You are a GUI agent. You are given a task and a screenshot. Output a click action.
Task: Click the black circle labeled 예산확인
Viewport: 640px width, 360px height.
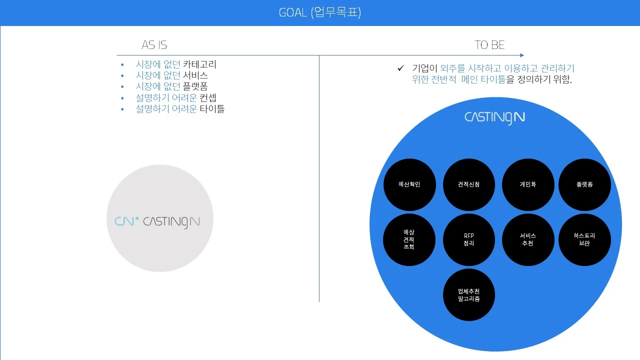pos(409,184)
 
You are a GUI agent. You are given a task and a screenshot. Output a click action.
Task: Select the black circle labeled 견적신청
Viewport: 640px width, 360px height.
pos(468,184)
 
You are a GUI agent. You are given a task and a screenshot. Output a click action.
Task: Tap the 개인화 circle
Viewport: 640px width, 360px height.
pos(528,184)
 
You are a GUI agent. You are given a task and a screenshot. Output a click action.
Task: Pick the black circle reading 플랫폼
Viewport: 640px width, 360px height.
pos(584,184)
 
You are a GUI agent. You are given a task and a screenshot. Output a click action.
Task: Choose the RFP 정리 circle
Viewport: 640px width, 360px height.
pos(468,239)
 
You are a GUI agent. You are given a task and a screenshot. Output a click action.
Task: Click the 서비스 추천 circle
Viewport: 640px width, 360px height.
pos(528,239)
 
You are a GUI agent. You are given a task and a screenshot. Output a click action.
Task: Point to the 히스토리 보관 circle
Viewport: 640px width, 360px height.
pos(584,239)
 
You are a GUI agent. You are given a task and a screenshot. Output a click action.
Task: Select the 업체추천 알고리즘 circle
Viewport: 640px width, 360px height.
pos(468,295)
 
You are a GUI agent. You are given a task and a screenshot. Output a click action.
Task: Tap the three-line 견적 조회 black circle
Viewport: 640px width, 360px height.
pos(409,239)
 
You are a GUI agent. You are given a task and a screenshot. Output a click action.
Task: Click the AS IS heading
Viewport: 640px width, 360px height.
pos(154,45)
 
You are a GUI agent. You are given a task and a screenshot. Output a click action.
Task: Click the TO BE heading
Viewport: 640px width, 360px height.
pos(489,45)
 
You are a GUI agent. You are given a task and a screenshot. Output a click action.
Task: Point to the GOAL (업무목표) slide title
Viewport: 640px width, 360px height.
pos(320,12)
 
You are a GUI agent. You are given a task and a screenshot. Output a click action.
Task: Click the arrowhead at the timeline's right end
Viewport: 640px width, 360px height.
pos(521,55)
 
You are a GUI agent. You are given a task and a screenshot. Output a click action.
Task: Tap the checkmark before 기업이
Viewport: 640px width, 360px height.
pos(400,68)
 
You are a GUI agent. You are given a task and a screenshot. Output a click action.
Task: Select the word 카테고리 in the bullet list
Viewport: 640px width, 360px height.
pos(199,64)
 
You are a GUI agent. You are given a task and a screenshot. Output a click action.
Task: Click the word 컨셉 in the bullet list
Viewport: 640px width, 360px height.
pos(208,97)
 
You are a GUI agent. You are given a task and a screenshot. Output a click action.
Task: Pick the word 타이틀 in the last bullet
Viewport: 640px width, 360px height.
pos(212,108)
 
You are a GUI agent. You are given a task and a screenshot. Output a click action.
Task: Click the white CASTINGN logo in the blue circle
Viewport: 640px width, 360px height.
pos(494,117)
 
